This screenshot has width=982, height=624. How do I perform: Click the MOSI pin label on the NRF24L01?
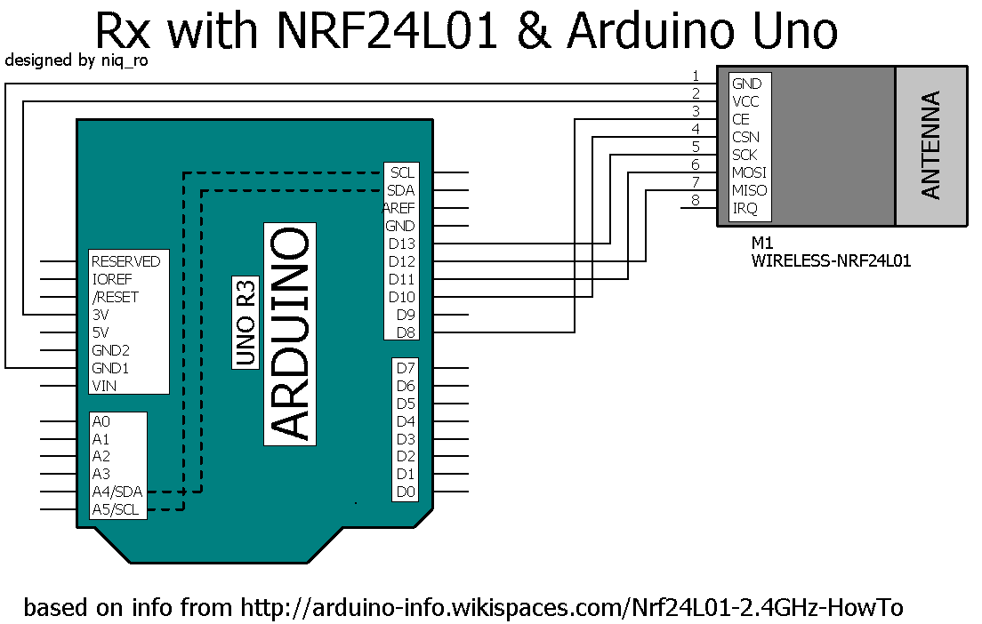749,172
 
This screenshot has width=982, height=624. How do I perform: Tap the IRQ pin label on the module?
745,208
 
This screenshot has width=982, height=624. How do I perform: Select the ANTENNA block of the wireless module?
930,145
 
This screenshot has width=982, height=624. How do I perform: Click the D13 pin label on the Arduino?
401,244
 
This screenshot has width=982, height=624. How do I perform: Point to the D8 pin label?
405,332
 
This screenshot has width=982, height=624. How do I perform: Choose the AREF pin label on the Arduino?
399,208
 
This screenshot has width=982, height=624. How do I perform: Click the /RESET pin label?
116,297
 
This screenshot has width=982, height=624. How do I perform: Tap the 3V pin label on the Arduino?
101,315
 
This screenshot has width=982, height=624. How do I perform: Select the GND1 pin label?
111,368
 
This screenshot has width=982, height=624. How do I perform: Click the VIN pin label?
104,386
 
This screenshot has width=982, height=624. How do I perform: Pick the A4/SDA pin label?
117,492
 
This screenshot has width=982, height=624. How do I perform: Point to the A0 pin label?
101,421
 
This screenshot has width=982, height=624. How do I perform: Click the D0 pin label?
406,492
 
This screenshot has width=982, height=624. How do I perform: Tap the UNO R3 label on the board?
245,324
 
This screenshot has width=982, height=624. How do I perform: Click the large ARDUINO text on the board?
291,334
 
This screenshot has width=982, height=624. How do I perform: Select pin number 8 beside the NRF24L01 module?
696,201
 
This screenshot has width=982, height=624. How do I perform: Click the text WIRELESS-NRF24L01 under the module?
831,261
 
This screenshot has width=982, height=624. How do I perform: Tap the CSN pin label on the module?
745,137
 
